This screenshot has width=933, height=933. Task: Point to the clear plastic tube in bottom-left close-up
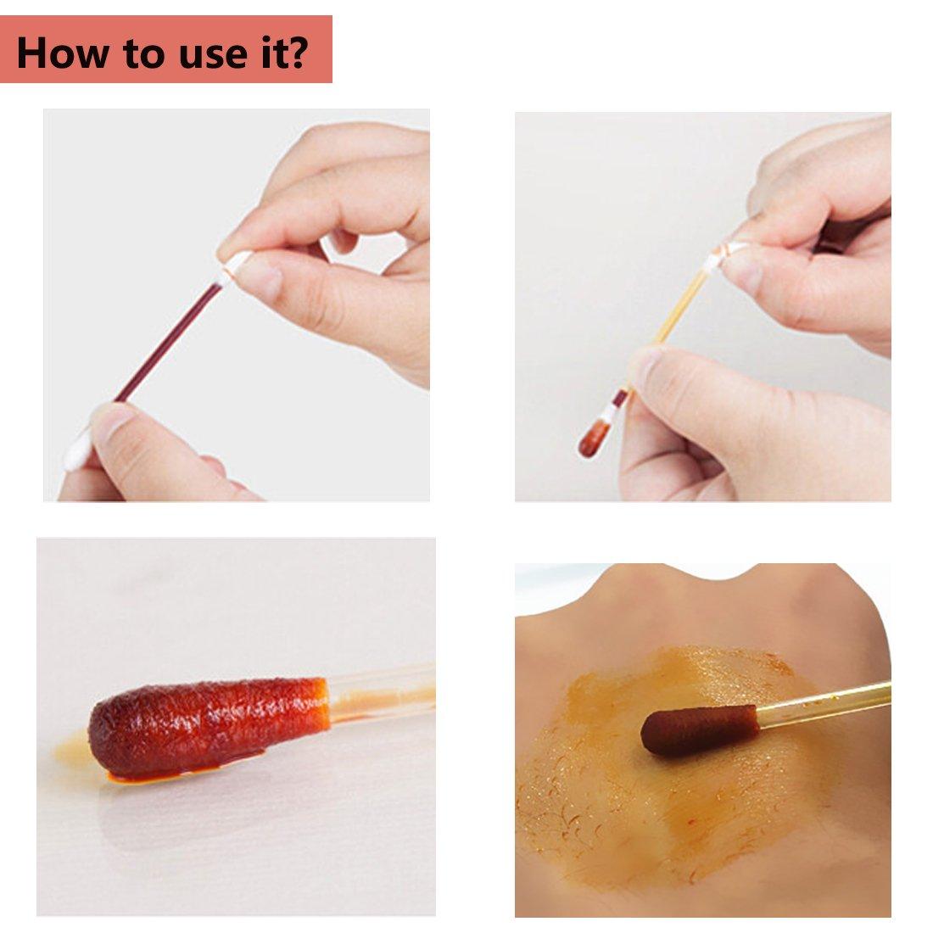click(382, 691)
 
